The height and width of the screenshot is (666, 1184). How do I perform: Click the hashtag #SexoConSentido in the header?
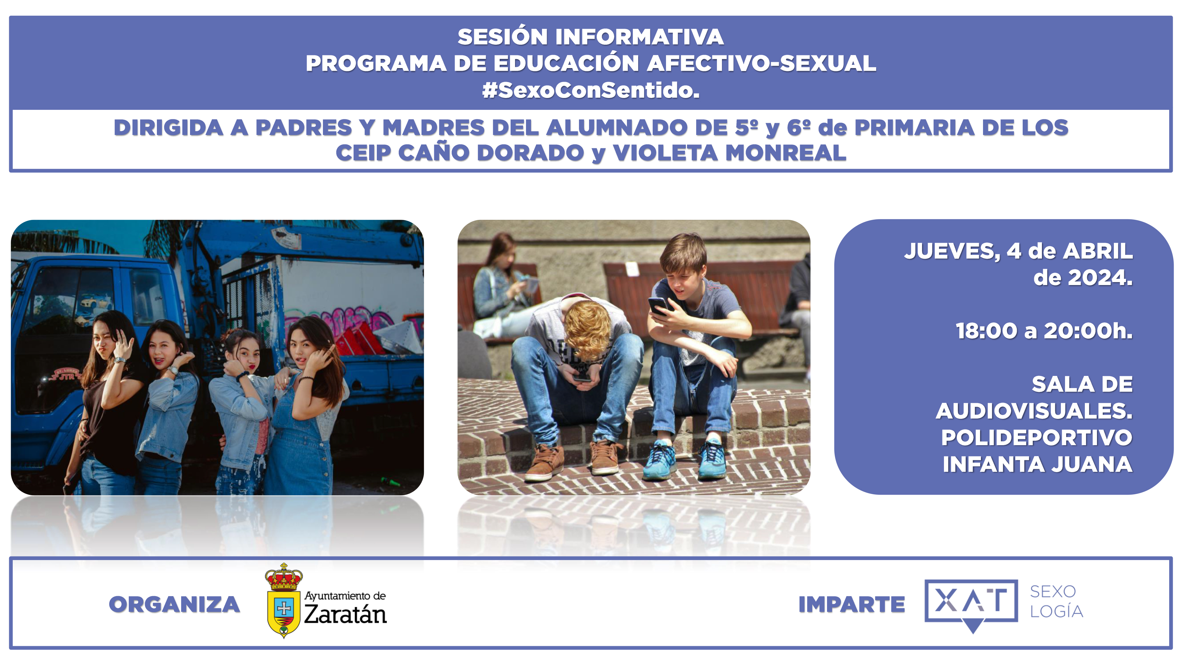591,90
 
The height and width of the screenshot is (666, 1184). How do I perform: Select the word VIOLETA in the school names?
665,153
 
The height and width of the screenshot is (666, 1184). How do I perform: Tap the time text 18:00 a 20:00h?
1044,331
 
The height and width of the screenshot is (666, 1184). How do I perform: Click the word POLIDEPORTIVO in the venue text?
1037,437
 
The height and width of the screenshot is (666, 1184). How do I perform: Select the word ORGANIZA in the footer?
174,604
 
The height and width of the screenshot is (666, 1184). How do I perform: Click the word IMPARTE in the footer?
852,604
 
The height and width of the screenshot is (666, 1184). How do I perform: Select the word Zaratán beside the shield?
345,614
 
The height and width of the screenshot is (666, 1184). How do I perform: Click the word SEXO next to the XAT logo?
1053,591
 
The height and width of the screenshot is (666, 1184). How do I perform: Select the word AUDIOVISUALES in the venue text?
1034,411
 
